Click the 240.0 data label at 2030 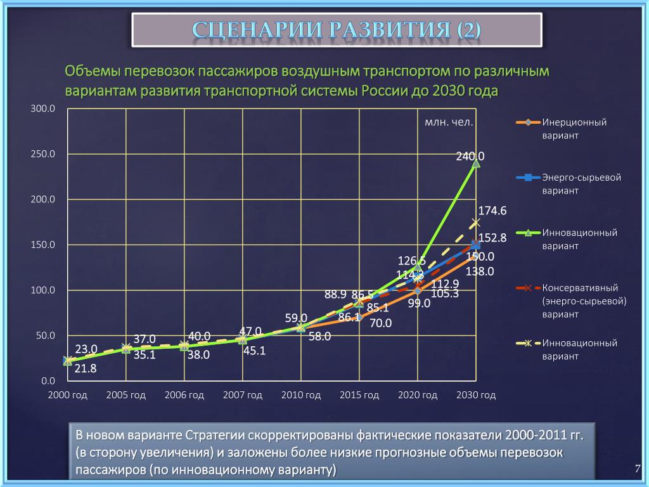tap(470, 156)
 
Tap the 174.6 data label tap(492, 211)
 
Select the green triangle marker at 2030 tap(476, 164)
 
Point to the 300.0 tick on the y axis tap(44, 109)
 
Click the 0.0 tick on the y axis tap(48, 381)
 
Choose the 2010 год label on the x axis tap(301, 395)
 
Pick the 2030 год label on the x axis tap(476, 395)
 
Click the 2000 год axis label tap(68, 395)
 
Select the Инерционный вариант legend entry tap(574, 129)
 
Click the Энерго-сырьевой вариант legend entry tap(581, 184)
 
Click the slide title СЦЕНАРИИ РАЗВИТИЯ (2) tap(337, 30)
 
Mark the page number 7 tap(638, 469)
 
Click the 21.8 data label tap(85, 368)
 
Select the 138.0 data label tap(480, 271)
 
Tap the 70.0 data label tap(381, 323)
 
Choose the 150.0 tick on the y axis tap(44, 245)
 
